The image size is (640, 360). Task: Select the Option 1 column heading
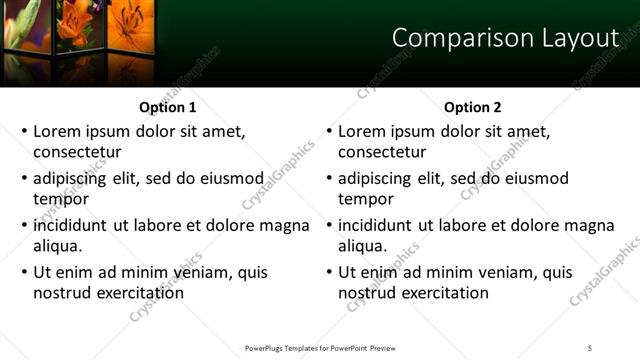click(x=166, y=107)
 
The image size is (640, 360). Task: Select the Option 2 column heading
click(x=472, y=107)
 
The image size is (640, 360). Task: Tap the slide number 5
click(x=590, y=347)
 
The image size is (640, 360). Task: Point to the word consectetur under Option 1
click(x=77, y=152)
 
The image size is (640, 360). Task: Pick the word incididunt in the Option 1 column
click(x=71, y=225)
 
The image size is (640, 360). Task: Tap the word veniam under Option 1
click(x=200, y=272)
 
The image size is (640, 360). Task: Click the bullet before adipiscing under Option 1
click(x=25, y=179)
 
